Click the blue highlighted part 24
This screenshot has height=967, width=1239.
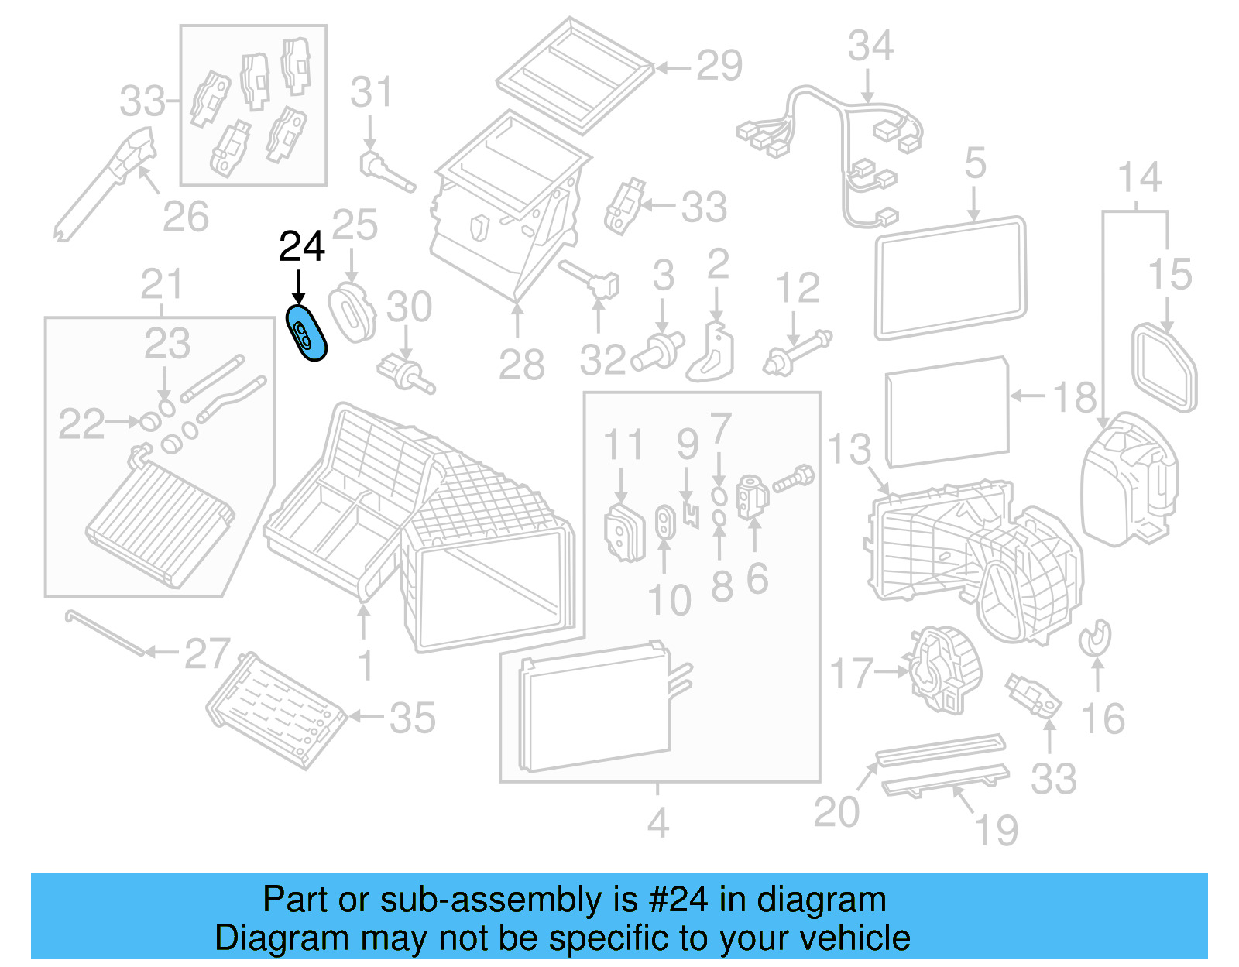click(x=307, y=334)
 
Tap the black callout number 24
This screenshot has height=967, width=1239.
click(x=301, y=247)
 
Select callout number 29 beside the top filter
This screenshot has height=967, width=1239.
click(x=719, y=67)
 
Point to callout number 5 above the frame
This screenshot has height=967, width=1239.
click(x=975, y=163)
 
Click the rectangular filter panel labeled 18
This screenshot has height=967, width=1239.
click(x=947, y=412)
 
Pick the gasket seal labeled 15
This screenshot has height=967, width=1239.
click(x=1165, y=369)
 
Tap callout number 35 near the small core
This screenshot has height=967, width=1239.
click(x=412, y=718)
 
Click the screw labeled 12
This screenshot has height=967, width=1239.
click(x=798, y=352)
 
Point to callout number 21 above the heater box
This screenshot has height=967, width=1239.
click(x=161, y=284)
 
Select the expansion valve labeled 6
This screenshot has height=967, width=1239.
click(x=752, y=496)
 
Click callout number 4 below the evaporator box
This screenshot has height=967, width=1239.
click(x=657, y=822)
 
